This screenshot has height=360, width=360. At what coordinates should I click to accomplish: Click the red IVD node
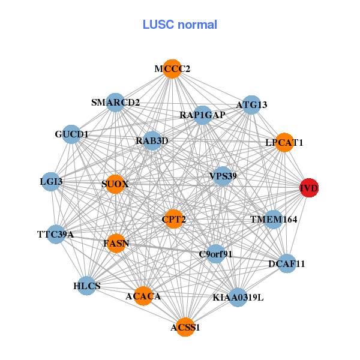[x=310, y=188]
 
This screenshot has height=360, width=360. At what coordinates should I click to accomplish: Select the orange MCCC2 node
[x=172, y=69]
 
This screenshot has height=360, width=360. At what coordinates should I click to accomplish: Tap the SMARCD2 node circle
[x=115, y=103]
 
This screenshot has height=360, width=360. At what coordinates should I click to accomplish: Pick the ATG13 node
[x=251, y=104]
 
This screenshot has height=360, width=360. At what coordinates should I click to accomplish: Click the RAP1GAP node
[x=202, y=115]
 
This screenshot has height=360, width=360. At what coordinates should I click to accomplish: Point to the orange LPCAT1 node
[x=284, y=143]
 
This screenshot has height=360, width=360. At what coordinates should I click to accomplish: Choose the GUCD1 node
[x=71, y=134]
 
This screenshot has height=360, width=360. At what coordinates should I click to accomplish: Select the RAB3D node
[x=152, y=141]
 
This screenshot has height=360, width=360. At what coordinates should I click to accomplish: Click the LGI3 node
[x=51, y=181]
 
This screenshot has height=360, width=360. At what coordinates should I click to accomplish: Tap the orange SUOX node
[x=115, y=184]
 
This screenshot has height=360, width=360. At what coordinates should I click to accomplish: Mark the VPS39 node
[x=223, y=176]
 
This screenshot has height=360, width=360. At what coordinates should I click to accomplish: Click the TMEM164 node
[x=274, y=220]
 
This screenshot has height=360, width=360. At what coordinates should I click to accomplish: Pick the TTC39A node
[x=55, y=234]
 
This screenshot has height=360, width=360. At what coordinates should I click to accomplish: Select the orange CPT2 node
[x=174, y=220]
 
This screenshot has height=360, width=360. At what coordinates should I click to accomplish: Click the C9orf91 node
[x=215, y=254]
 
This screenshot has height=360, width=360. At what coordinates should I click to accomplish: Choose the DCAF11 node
[x=287, y=263]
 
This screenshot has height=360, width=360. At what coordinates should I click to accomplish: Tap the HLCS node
[x=87, y=286]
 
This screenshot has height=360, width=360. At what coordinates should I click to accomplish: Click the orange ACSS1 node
[x=185, y=327]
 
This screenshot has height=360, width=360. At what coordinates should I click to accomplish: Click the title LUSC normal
[x=180, y=25]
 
